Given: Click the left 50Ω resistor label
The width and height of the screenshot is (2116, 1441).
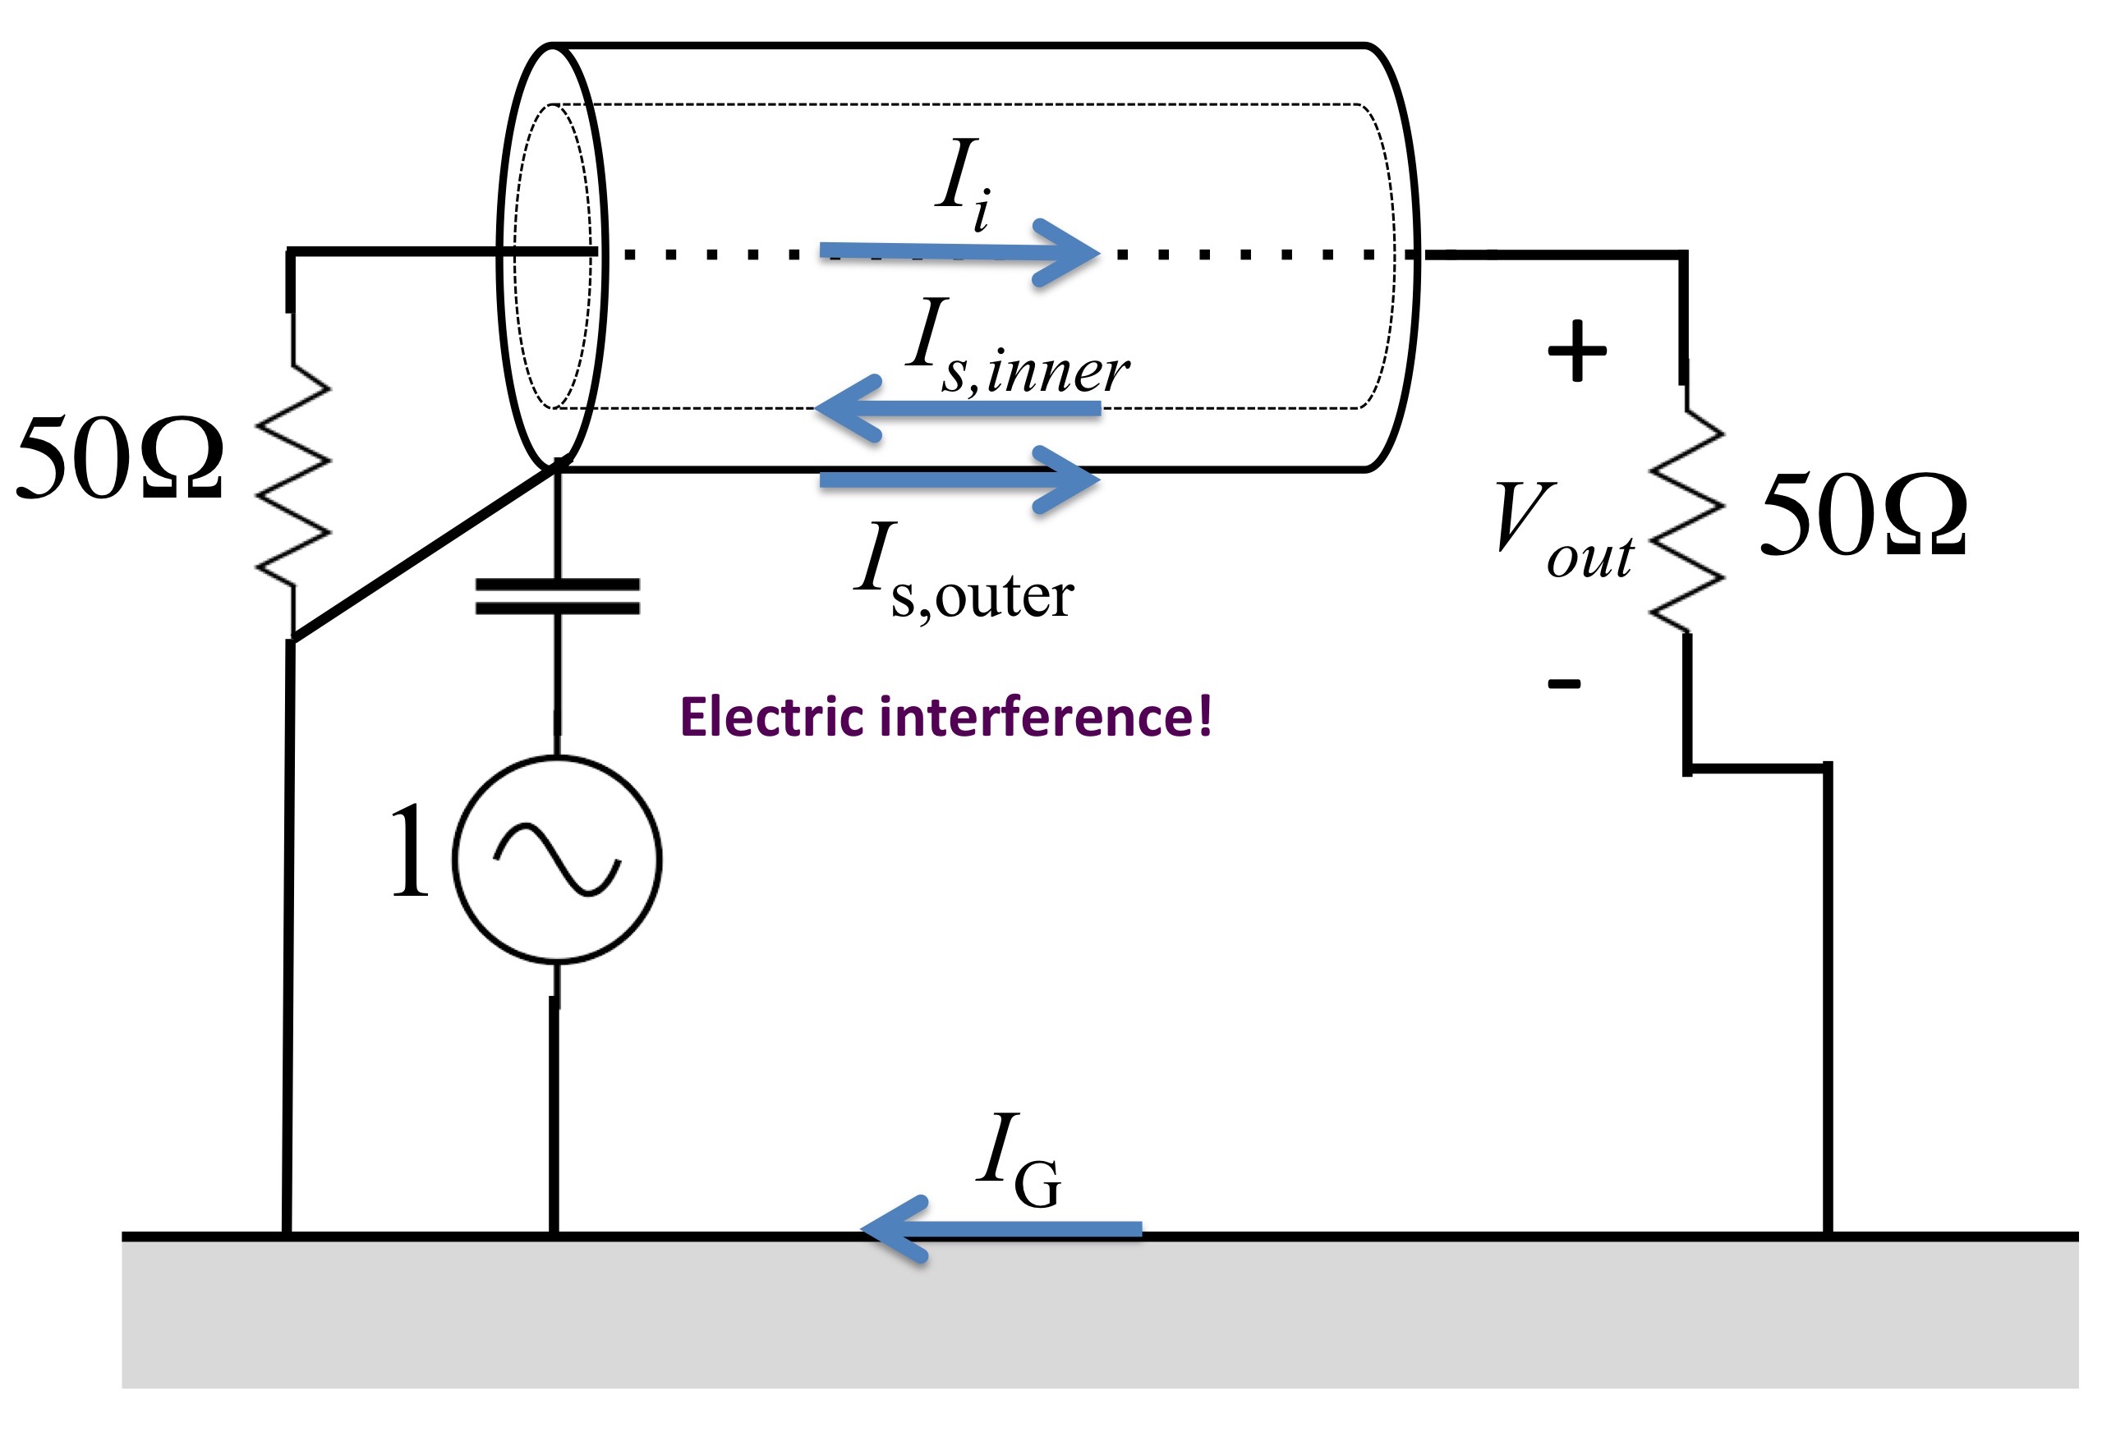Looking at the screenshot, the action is click(x=119, y=457).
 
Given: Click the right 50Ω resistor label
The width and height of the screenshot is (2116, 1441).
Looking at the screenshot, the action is click(x=1864, y=514).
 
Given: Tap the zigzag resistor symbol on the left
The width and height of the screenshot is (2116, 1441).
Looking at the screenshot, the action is click(x=293, y=475).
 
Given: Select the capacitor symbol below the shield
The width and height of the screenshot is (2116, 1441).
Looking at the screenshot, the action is click(x=557, y=596).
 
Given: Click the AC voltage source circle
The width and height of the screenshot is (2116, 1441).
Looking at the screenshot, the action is click(x=556, y=860).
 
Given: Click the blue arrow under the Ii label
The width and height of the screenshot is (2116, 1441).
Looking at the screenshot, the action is click(x=959, y=252).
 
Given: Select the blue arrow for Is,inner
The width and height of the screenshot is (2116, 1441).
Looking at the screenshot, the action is click(x=958, y=409).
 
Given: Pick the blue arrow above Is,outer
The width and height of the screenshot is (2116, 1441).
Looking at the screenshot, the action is click(x=959, y=480).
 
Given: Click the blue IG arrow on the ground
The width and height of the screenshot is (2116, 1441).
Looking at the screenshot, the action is click(x=1000, y=1229).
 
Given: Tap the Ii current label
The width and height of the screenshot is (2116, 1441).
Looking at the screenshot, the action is click(x=964, y=184).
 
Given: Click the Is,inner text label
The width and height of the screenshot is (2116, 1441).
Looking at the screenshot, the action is click(x=1018, y=349).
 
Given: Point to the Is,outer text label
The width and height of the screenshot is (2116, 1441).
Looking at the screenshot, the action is click(x=964, y=572).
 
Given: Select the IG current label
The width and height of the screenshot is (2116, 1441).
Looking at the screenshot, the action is click(x=1018, y=1162).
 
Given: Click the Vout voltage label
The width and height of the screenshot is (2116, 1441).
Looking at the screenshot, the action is click(x=1564, y=530).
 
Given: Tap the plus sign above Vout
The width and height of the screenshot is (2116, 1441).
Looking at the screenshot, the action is click(x=1577, y=351).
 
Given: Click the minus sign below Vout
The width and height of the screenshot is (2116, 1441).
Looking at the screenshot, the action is click(x=1565, y=682).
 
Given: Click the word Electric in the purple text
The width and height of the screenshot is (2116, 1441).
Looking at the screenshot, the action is click(x=771, y=717).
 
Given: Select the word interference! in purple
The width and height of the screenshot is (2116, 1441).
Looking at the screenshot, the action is click(x=1045, y=717).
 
